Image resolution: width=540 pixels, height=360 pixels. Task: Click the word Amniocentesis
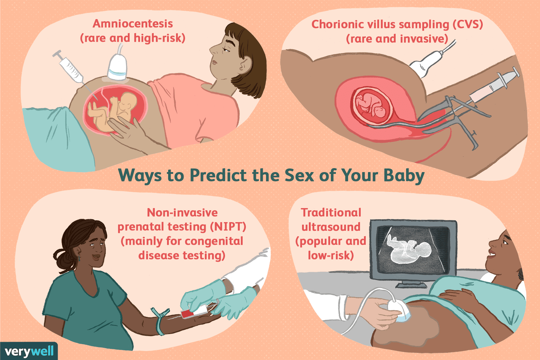(133, 24)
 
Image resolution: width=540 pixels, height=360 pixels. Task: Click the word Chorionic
(336, 24)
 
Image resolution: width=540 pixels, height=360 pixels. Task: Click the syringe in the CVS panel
(493, 86)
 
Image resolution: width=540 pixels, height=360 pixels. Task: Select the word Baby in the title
(404, 176)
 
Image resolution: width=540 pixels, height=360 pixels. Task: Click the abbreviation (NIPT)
(230, 227)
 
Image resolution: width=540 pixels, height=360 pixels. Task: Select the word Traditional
(331, 213)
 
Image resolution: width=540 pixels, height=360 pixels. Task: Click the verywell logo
(29, 351)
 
